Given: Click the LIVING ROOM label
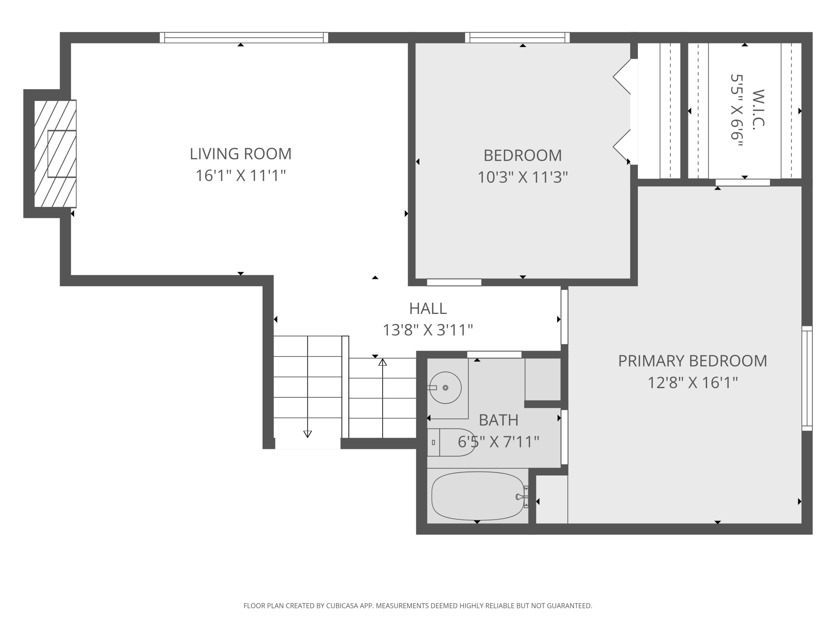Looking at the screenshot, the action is coord(240,154).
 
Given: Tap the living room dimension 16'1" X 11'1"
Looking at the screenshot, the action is coord(240,176).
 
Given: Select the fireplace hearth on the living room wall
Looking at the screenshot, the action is coord(55,154).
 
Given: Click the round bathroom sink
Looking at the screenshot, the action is coord(445,387).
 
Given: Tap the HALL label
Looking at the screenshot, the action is coord(428,308).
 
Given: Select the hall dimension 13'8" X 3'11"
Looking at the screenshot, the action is coord(428,330).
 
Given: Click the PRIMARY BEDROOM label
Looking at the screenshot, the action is coord(693,361).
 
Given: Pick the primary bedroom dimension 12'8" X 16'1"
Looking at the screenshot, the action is coord(693,382).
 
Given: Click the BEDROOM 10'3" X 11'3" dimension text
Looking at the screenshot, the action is coord(522,177).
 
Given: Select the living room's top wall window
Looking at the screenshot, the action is coord(244,37).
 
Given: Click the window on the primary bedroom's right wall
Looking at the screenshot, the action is coord(807,378).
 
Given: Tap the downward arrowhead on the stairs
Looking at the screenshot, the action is coord(307,434).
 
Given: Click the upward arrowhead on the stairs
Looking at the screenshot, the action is coord(383,362).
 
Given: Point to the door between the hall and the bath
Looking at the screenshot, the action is coord(494,354).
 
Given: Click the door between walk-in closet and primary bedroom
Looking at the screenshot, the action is coord(743,182).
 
